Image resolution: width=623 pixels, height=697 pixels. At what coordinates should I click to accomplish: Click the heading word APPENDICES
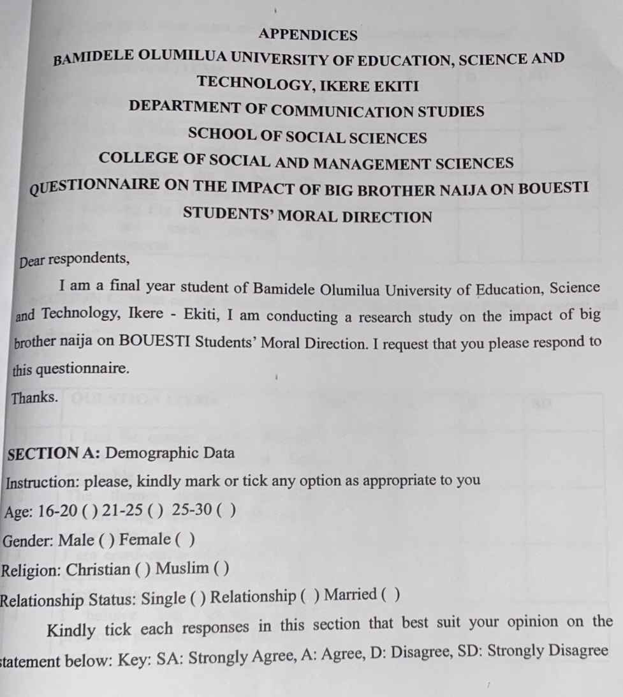(x=309, y=34)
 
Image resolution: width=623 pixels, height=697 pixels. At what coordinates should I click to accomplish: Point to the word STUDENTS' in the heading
(x=228, y=214)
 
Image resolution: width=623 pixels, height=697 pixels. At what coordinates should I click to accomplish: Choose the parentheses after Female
(x=185, y=539)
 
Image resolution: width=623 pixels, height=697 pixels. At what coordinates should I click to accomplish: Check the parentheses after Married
(x=390, y=596)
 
